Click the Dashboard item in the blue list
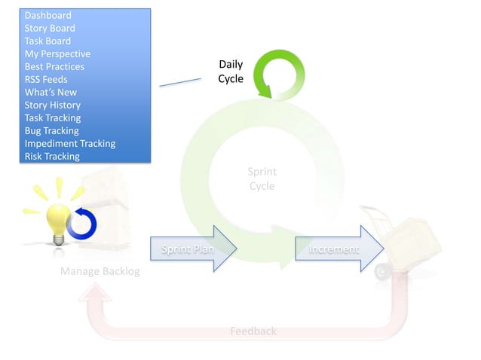tap(48, 15)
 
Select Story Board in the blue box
tap(50, 28)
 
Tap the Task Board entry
tap(47, 41)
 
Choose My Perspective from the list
tap(57, 53)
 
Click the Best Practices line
tap(54, 66)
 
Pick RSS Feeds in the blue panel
tap(46, 79)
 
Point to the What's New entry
tap(51, 92)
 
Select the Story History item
tap(53, 105)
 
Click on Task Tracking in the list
tap(53, 117)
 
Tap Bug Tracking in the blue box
tap(51, 130)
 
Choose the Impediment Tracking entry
tap(70, 143)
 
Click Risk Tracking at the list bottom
tap(52, 156)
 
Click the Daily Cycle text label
tap(231, 72)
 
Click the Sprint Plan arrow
tap(193, 249)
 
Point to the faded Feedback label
tap(253, 331)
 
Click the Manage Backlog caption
tap(100, 271)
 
